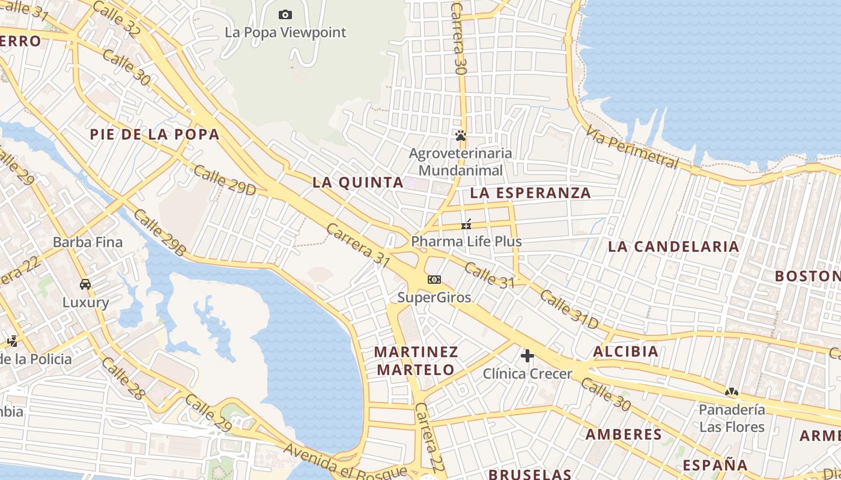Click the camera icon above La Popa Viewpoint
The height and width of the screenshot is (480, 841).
click(285, 14)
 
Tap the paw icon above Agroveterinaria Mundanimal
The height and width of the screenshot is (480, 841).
click(461, 136)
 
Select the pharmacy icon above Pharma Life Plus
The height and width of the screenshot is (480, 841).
click(466, 224)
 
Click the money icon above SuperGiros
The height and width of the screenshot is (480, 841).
click(434, 280)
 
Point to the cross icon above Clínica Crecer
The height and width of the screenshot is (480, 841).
click(527, 356)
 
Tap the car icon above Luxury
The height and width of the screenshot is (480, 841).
click(85, 284)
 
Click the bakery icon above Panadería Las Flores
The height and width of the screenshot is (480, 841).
click(731, 392)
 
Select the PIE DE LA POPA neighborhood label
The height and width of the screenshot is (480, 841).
click(155, 134)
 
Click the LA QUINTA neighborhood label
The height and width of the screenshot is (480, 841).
click(357, 182)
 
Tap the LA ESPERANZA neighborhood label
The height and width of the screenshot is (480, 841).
click(530, 193)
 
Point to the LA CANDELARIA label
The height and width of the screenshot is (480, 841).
click(673, 247)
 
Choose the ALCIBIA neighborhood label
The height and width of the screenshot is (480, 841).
click(625, 352)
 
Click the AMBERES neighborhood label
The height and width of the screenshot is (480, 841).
click(624, 434)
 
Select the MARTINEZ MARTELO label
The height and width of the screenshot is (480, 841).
click(416, 360)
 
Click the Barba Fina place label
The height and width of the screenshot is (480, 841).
click(88, 242)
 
